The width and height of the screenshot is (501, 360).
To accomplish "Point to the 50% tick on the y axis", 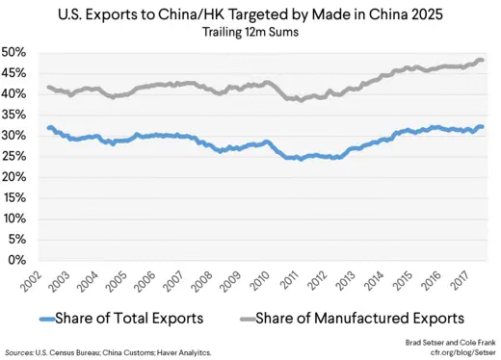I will point(20,52).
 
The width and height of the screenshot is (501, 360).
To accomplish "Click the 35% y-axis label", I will point(20,115).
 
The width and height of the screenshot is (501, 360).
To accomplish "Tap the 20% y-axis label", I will point(20,177).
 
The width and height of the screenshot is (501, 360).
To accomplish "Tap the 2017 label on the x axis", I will point(468,280).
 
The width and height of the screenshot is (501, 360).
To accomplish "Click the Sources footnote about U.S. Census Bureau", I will point(111,353).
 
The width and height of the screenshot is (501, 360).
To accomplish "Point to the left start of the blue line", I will point(48,128).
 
